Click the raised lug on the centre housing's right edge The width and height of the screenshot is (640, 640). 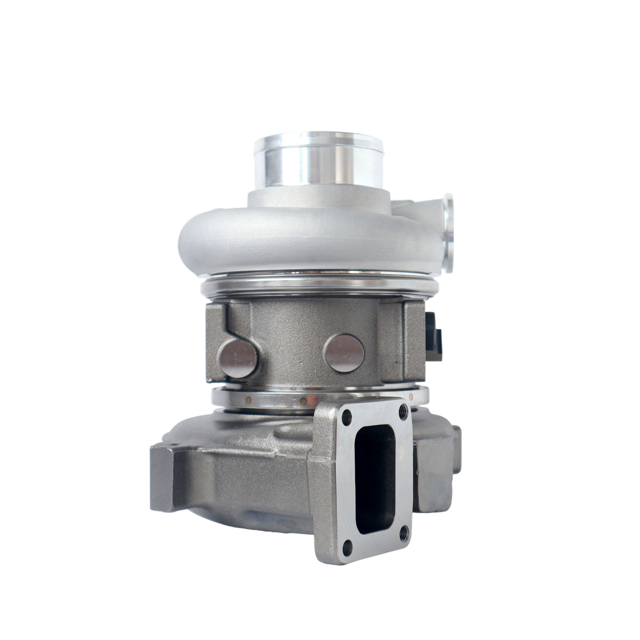click(414, 341)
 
